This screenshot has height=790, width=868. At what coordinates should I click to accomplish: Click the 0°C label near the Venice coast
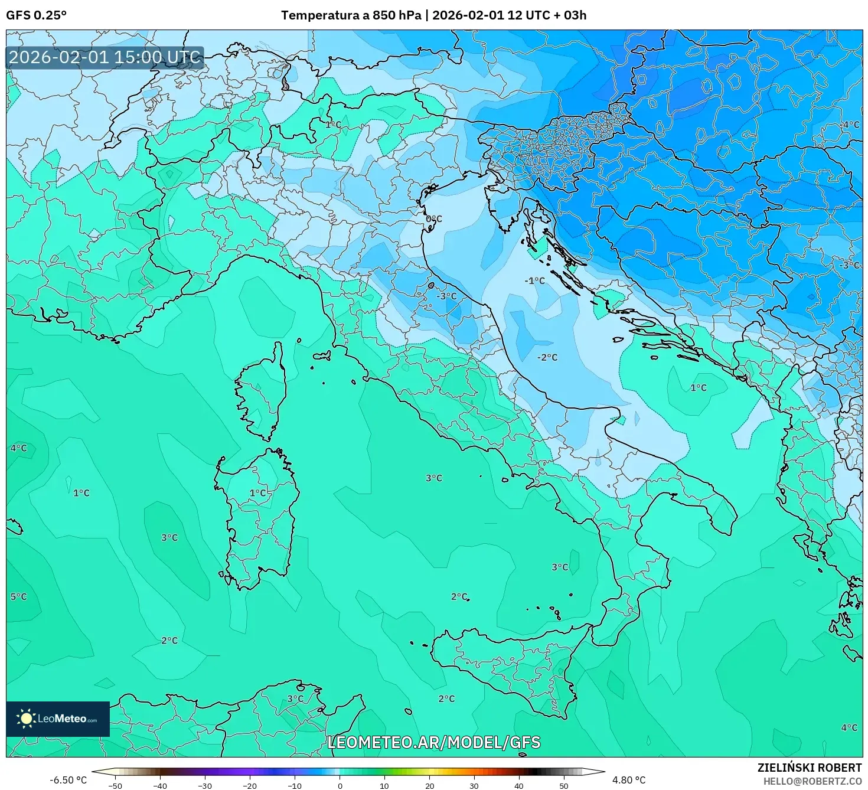click(434, 219)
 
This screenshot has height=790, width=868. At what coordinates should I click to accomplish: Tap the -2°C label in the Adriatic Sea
click(547, 357)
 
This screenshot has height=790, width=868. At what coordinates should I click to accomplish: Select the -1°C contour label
click(535, 280)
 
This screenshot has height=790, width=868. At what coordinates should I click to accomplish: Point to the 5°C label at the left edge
click(19, 596)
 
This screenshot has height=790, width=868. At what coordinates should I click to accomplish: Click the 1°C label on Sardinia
click(258, 493)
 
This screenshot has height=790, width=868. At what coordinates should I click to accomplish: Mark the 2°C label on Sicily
click(446, 698)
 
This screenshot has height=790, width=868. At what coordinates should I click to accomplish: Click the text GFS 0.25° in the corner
click(37, 15)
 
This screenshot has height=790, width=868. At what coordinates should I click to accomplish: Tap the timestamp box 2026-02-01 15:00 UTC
click(105, 57)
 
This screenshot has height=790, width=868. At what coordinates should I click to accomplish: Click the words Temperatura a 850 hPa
click(351, 15)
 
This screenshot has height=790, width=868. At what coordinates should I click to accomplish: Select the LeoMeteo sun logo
click(26, 719)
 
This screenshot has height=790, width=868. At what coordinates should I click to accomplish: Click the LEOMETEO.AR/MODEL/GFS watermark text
click(434, 742)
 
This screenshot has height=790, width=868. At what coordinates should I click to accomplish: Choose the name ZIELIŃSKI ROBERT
click(810, 768)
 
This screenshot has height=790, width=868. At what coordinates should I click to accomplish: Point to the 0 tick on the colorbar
click(340, 785)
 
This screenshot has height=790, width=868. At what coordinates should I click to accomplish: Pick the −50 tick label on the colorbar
click(115, 785)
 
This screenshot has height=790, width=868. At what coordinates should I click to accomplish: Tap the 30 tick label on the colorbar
click(474, 785)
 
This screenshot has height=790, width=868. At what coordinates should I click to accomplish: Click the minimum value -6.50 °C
click(68, 780)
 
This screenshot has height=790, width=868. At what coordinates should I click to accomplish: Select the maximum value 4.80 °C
click(629, 780)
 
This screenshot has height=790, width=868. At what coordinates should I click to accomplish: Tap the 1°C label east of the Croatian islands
click(699, 388)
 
